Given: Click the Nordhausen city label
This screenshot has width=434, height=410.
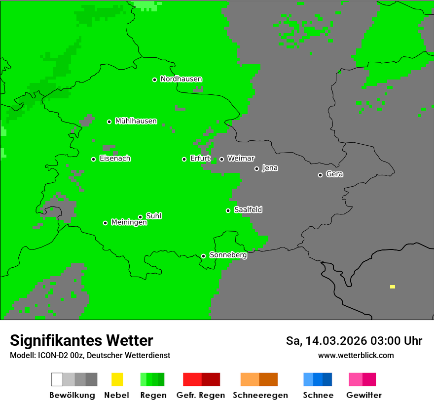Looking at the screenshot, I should coord(181,79).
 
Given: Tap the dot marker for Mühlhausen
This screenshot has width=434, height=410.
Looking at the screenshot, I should coord(109,122).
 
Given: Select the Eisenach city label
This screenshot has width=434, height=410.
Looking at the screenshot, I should coord(115,159).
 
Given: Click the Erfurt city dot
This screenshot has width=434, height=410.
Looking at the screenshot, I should coord(184,159).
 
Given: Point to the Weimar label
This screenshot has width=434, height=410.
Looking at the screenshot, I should coord(241,159).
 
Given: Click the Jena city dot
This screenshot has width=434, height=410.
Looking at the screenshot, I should coord(256,168).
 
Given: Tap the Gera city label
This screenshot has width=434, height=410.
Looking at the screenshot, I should coord(334,174).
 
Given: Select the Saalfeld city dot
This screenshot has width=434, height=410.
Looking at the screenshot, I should coord(228,210).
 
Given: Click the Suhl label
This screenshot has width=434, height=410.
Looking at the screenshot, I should coord(153,216).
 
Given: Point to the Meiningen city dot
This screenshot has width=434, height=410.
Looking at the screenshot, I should coord(105,223).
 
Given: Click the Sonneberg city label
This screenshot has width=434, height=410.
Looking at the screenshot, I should coord(228,255).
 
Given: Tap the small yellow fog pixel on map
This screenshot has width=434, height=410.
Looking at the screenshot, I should coord(393,287).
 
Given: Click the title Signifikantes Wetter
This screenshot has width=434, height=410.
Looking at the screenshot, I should coord(81,341).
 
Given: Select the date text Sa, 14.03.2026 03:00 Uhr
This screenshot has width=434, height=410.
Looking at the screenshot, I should coord(354,341).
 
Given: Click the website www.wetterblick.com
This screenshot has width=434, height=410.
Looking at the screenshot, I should coord(356,356).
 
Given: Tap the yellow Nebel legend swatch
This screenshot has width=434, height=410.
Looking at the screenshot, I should coord(117,379).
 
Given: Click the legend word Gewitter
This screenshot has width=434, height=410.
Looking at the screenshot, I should coord(363,395).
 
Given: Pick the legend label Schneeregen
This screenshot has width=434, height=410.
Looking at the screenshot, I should coord(260,395).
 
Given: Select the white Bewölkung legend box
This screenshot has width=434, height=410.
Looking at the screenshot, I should coord(57,379).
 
